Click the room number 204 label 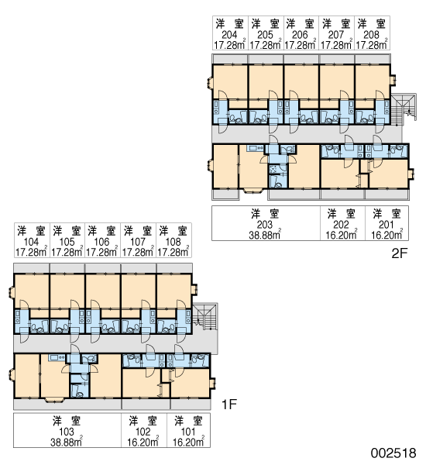(x=229, y=35)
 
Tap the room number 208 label (x=371, y=35)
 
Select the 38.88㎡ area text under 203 (x=265, y=235)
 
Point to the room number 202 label (x=342, y=225)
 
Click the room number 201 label (x=386, y=225)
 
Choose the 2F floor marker (x=400, y=253)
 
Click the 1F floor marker (x=229, y=404)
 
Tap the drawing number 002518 (x=393, y=453)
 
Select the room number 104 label (x=31, y=242)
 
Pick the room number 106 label (x=101, y=242)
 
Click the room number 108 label (x=173, y=242)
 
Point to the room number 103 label (x=67, y=432)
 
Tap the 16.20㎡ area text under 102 (x=143, y=442)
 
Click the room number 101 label (x=188, y=432)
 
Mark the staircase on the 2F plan (x=404, y=108)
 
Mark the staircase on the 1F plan (x=205, y=318)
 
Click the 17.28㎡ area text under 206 (x=300, y=45)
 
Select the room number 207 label (x=336, y=35)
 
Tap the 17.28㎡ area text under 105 (x=67, y=252)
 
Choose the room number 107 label (x=138, y=242)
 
